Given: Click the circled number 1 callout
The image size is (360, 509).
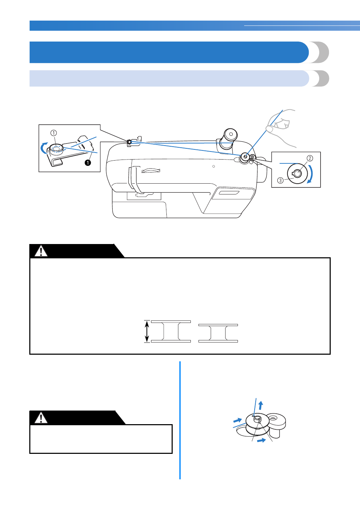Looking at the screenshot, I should click(x=53, y=133).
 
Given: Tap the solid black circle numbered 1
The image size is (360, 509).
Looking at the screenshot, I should click(x=88, y=163).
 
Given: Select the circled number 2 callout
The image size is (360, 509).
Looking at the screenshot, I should click(x=309, y=158).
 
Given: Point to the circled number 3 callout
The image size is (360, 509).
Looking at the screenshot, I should click(x=280, y=180).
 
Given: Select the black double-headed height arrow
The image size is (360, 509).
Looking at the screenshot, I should click(x=147, y=331).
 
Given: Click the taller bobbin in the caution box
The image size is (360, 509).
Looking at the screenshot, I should click(x=171, y=331).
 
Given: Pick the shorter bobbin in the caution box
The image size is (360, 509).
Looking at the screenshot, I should click(x=218, y=333).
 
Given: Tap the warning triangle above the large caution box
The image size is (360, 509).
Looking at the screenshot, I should click(x=41, y=251).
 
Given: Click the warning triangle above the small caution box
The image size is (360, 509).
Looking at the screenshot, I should click(x=41, y=418).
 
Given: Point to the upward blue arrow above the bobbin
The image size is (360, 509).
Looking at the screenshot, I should click(x=261, y=405).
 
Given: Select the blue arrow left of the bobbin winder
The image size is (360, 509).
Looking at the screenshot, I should click(x=238, y=420).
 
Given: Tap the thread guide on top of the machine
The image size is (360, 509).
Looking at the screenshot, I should click(x=130, y=142).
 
